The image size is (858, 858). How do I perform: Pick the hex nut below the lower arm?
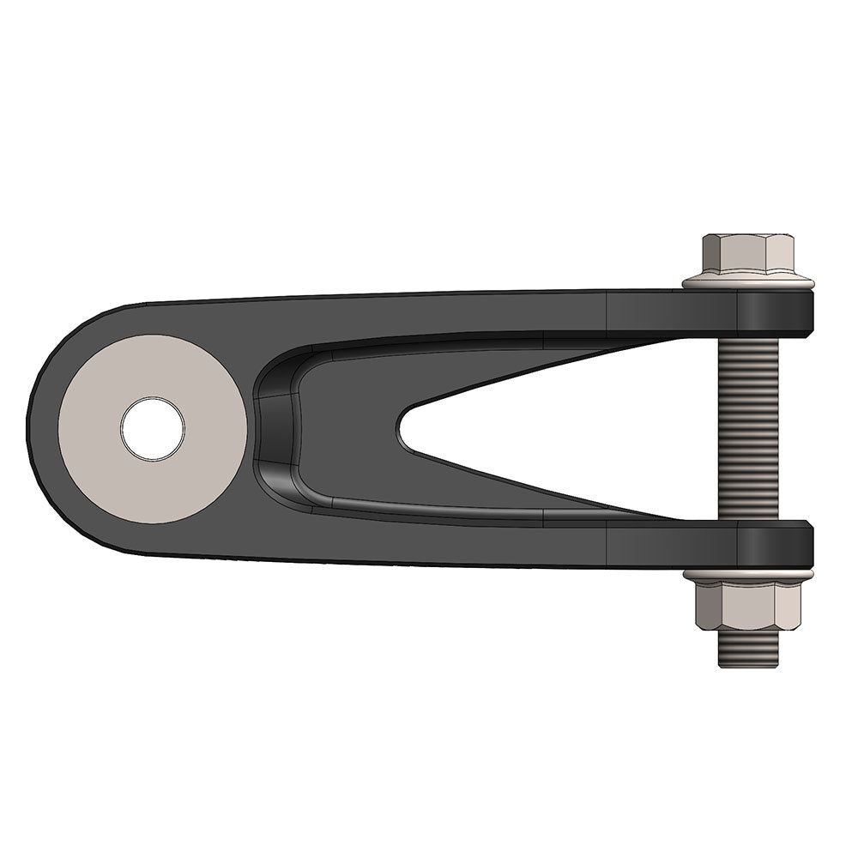(x=747, y=605)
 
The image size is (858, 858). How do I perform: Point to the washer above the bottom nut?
(x=747, y=572)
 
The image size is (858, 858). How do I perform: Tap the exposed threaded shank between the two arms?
(x=747, y=429)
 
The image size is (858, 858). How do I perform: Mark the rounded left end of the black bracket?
(x=43, y=429)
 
